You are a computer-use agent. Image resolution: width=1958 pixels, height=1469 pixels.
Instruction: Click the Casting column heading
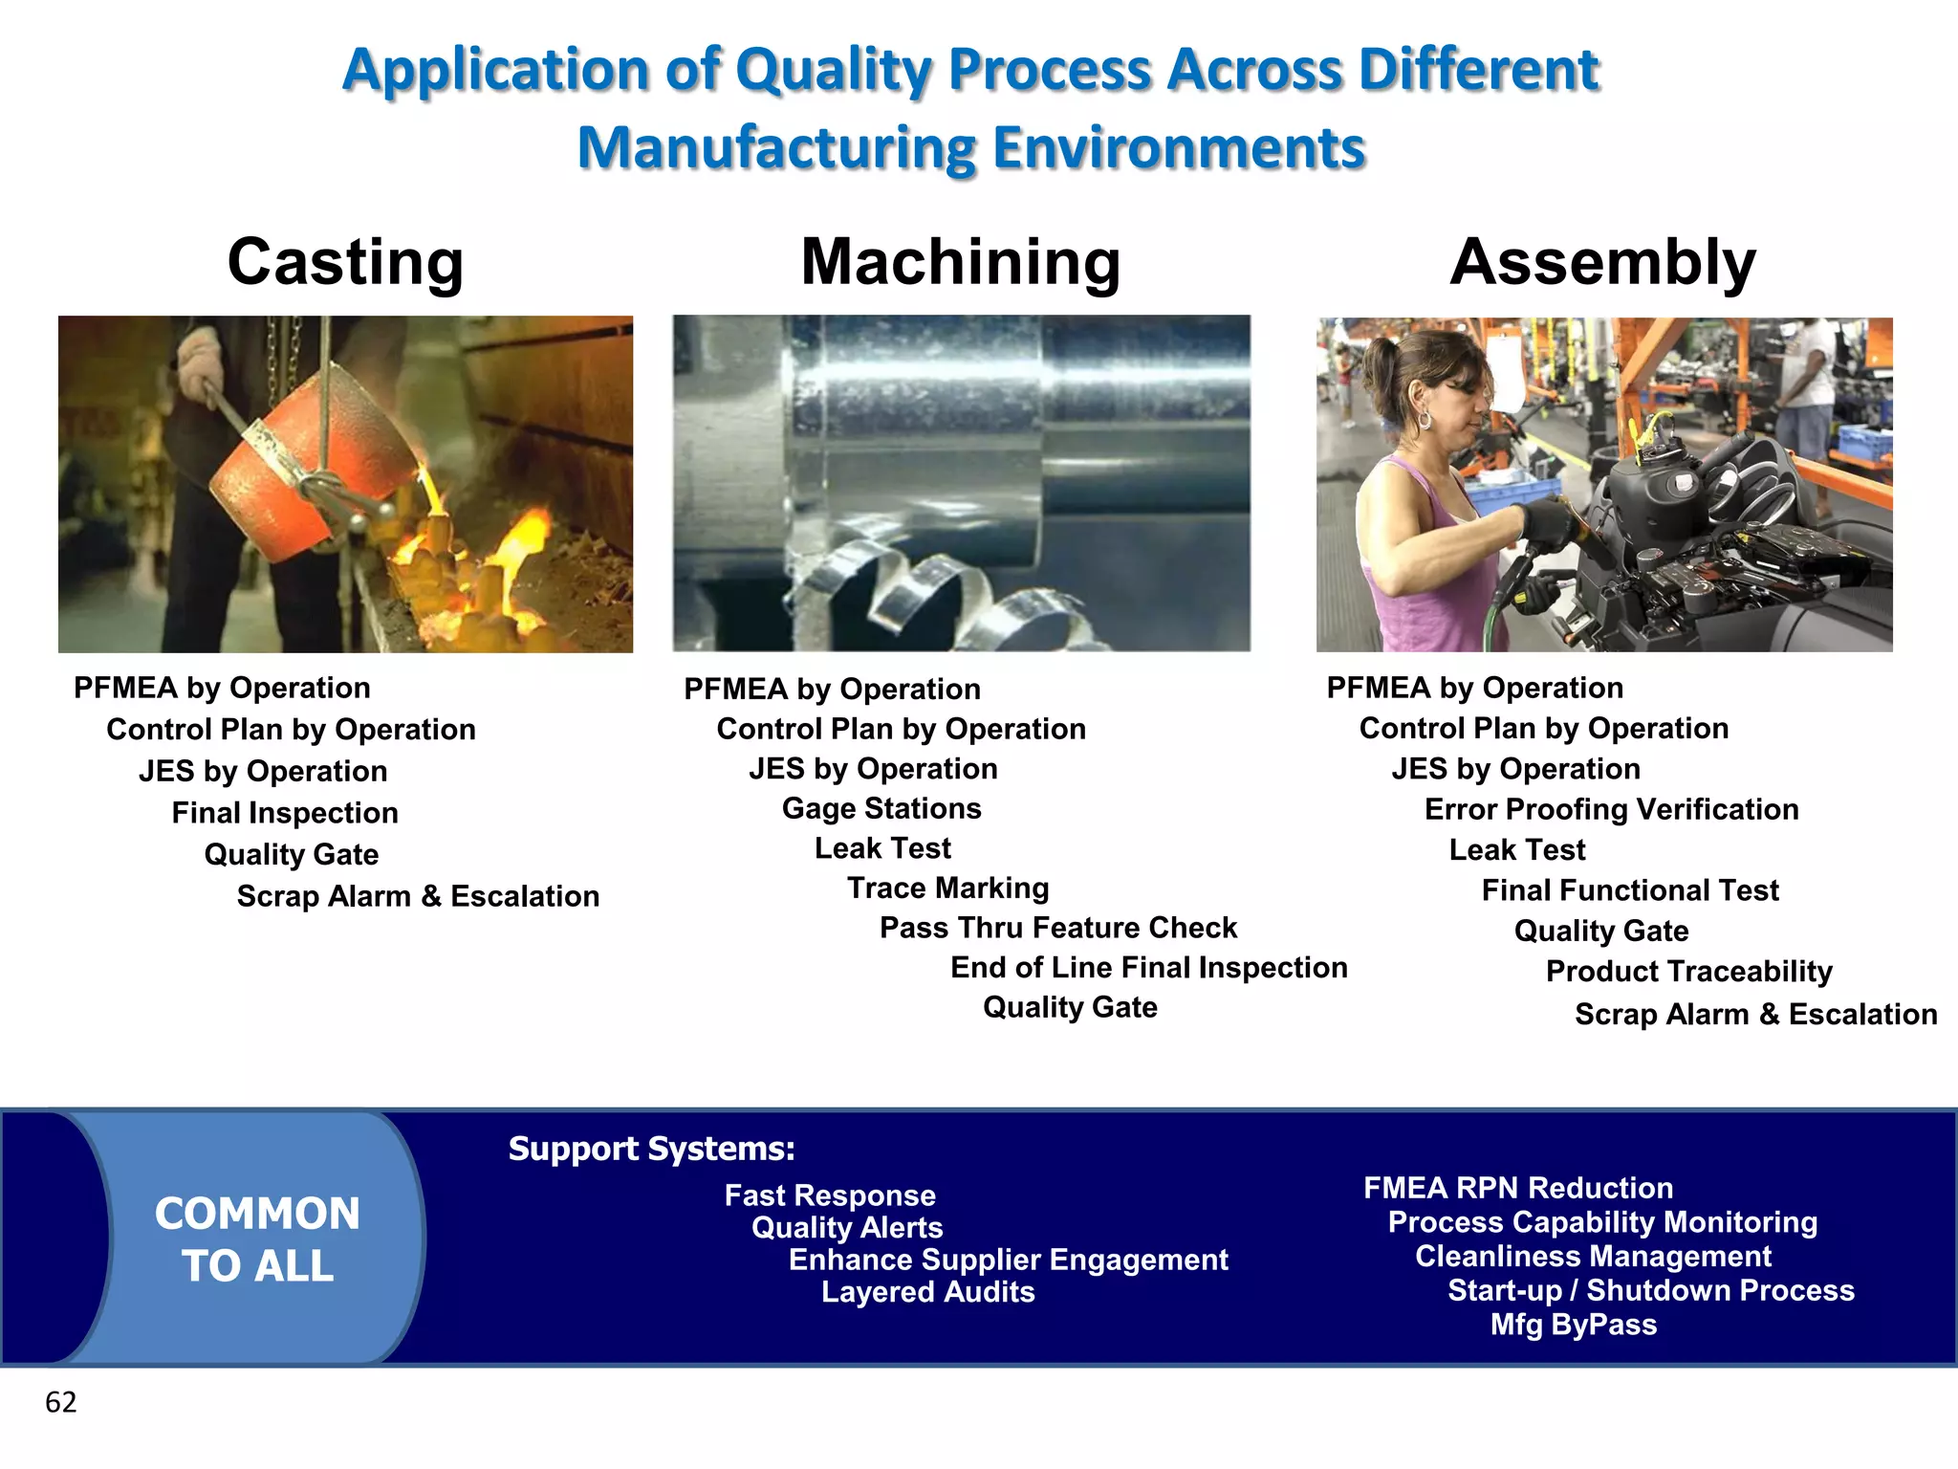tap(345, 262)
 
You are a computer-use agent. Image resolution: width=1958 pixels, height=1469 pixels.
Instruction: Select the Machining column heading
tap(960, 262)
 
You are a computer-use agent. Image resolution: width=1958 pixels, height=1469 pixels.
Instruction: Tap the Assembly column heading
tap(1602, 262)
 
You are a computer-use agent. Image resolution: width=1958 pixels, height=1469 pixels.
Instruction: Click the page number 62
tap(60, 1402)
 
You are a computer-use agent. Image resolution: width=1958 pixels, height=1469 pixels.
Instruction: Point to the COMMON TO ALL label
tap(257, 1239)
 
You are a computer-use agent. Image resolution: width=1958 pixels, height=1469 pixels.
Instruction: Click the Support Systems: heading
tap(651, 1149)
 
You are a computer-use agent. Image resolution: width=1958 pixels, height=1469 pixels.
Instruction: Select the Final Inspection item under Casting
tap(285, 813)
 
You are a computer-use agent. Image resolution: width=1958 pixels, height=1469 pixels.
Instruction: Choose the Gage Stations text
tap(881, 809)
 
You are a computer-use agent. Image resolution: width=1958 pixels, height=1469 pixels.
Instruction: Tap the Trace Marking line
tap(947, 888)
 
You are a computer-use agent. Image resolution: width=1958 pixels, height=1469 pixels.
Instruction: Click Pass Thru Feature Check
tap(1057, 928)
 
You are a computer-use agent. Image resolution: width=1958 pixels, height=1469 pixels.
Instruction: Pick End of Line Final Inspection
tap(1148, 968)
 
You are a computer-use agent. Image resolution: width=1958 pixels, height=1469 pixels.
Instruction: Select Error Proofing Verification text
tap(1611, 810)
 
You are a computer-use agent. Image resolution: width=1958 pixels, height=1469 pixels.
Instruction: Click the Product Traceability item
tap(1688, 972)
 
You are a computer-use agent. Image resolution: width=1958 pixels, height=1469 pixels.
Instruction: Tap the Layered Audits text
tap(927, 1292)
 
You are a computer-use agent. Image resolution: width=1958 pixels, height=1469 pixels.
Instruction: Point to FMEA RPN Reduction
tap(1518, 1188)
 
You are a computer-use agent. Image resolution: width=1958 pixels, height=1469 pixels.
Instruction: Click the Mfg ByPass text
tap(1573, 1325)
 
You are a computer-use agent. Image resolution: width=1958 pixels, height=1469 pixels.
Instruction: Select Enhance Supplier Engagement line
tap(1008, 1260)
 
